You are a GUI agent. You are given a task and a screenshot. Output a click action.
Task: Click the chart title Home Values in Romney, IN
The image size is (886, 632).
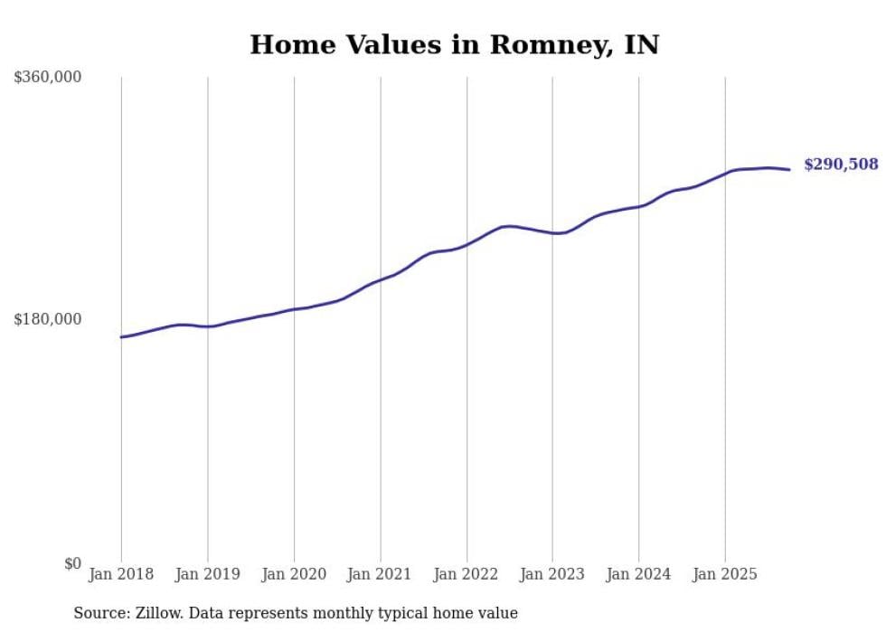454,44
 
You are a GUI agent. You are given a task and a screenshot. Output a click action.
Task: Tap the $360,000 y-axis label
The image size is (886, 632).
48,78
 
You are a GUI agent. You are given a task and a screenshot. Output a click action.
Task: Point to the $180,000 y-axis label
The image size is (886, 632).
48,319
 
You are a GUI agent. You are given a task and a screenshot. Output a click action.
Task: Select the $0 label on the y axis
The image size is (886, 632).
72,563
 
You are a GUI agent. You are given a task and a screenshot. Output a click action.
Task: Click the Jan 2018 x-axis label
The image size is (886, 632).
121,574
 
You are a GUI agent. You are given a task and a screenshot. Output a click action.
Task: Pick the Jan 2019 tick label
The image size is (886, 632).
207,574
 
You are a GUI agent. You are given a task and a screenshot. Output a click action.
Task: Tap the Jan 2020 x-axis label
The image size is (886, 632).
294,574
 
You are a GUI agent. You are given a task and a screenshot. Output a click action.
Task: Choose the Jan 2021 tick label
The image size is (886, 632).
380,574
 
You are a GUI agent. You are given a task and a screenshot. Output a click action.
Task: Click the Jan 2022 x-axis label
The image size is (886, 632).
467,574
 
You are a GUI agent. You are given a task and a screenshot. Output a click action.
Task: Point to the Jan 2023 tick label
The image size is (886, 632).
552,574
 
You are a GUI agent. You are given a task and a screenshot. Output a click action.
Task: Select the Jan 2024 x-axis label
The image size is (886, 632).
639,574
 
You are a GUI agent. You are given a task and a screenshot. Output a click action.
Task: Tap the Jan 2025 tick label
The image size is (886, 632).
725,574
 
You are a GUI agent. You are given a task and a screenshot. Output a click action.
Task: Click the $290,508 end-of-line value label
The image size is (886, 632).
841,165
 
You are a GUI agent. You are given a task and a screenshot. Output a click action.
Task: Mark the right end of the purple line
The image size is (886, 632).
789,169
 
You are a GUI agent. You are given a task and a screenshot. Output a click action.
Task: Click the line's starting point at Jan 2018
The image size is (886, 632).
121,337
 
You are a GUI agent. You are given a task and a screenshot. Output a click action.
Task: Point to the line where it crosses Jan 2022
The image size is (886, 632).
467,243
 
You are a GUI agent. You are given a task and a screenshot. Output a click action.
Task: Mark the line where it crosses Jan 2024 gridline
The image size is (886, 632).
639,206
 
